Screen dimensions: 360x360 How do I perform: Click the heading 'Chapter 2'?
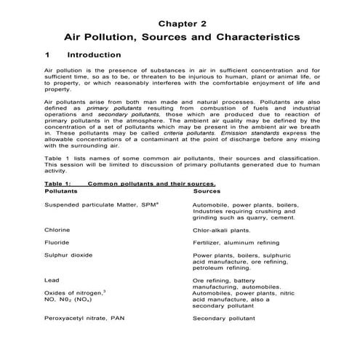[180, 14]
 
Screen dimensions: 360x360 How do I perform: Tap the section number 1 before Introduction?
[47, 55]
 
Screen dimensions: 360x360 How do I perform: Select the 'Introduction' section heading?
[94, 55]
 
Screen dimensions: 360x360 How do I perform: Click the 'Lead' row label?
[51, 279]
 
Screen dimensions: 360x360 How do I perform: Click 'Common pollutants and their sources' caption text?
[151, 185]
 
